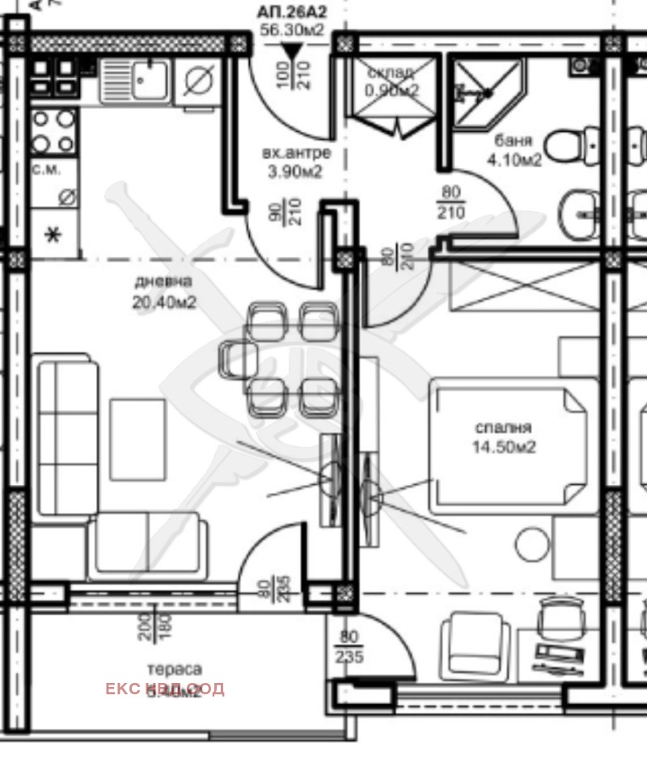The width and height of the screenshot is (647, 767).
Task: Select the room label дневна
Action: tap(164, 281)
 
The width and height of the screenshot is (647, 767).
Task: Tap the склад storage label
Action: tap(392, 71)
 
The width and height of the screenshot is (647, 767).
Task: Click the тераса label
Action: tap(174, 669)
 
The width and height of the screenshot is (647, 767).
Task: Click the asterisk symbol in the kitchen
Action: tap(55, 235)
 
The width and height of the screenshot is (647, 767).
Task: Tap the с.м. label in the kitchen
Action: tap(44, 171)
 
